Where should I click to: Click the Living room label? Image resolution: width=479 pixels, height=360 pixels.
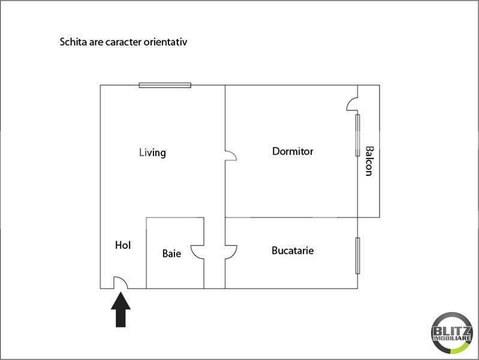pos(152,152)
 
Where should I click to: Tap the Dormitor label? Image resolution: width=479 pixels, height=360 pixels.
pos(293,151)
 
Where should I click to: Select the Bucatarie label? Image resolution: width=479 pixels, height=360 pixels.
pos(293,250)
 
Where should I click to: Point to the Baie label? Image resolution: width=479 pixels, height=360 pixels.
pos(171,254)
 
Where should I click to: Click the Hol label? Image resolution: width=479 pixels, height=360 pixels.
pos(123,245)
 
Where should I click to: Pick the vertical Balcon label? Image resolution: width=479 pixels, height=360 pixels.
pos(369,161)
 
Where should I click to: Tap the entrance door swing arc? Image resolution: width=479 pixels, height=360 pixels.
pos(119,281)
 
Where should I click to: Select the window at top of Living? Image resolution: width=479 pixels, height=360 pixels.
pos(165,85)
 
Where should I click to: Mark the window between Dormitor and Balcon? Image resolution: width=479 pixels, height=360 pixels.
pos(357,136)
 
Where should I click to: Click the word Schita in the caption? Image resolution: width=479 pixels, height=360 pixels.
pos(71,43)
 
